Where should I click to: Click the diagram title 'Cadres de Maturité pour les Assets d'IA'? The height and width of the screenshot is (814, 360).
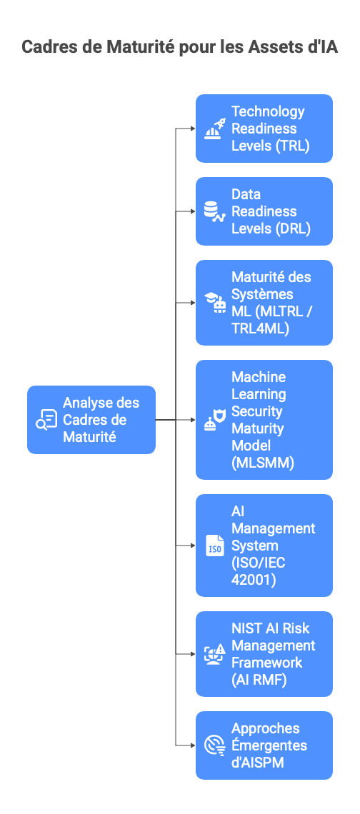(180, 47)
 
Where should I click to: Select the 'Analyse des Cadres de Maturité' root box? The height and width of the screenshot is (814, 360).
(91, 420)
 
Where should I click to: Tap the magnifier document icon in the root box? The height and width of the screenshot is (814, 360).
(46, 420)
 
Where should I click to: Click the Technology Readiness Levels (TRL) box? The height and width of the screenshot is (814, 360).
(264, 129)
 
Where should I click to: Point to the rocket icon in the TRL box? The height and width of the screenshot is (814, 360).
(215, 129)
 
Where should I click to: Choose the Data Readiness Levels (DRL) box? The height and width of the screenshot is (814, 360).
(264, 211)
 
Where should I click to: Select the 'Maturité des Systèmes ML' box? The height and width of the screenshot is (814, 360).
(264, 303)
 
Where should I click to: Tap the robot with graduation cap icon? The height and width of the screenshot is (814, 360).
(214, 303)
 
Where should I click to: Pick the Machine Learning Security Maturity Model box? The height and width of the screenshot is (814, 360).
(264, 420)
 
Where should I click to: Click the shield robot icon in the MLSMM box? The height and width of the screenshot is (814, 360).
(214, 420)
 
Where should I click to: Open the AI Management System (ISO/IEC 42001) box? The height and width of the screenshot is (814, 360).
(264, 546)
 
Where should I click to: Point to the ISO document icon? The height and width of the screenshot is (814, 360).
(214, 546)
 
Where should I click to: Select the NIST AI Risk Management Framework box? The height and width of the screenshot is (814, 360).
(264, 654)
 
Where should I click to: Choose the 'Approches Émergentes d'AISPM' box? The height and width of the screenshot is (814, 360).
(264, 745)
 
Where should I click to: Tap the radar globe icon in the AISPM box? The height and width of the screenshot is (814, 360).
(214, 745)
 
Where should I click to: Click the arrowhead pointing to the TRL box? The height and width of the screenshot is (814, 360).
(192, 129)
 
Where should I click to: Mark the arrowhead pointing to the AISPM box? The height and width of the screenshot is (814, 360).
(192, 745)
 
